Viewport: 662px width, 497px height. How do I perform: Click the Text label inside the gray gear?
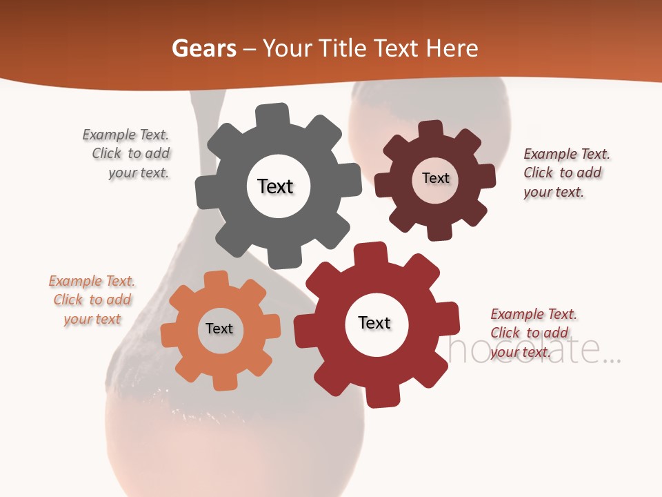click(x=275, y=186)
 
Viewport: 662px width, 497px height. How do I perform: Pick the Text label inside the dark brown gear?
click(x=435, y=178)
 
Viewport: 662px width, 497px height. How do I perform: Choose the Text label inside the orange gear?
click(x=219, y=329)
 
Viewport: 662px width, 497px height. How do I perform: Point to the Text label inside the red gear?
click(x=374, y=323)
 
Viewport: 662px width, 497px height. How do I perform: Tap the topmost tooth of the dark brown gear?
click(x=431, y=129)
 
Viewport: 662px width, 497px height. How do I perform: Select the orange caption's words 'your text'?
click(x=92, y=319)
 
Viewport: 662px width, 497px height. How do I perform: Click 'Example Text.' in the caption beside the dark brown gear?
click(x=567, y=154)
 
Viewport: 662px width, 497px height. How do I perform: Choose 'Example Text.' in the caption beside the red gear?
click(x=534, y=314)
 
